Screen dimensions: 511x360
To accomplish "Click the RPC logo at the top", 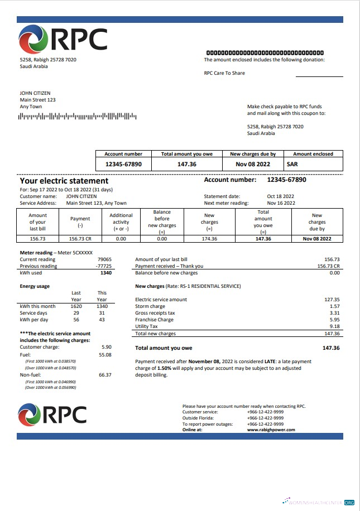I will click(x=63, y=39).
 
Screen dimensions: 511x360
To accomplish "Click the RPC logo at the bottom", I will click(x=52, y=414).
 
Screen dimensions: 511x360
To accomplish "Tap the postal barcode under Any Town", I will click(x=78, y=116).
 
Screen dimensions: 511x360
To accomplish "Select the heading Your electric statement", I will click(x=64, y=181).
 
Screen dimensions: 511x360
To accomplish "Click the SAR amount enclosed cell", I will click(x=292, y=165).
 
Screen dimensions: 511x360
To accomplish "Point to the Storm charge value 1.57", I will click(x=334, y=306).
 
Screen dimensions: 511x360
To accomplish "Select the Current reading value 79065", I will click(x=104, y=259).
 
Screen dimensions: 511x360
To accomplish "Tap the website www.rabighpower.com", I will click(x=271, y=430).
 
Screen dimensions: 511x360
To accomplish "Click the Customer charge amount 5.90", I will click(x=106, y=347).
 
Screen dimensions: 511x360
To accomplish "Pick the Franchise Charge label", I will click(x=154, y=320).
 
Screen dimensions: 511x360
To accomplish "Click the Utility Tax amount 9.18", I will click(x=334, y=326).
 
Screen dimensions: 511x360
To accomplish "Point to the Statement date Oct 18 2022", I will click(x=280, y=196).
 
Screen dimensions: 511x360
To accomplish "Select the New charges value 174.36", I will click(x=209, y=239).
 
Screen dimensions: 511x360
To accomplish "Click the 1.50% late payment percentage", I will click(x=165, y=368).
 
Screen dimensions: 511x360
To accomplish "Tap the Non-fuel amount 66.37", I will click(x=105, y=375).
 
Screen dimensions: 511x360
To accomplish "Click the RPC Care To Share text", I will click(x=224, y=73).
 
